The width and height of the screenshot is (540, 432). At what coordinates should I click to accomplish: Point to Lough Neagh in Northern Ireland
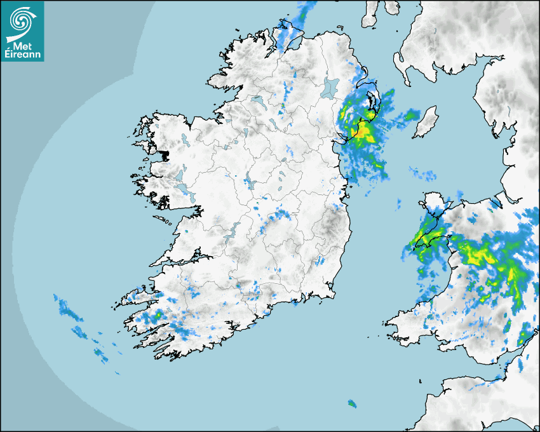coord(331,87)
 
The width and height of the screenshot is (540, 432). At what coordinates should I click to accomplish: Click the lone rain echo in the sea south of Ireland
coord(352,403)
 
